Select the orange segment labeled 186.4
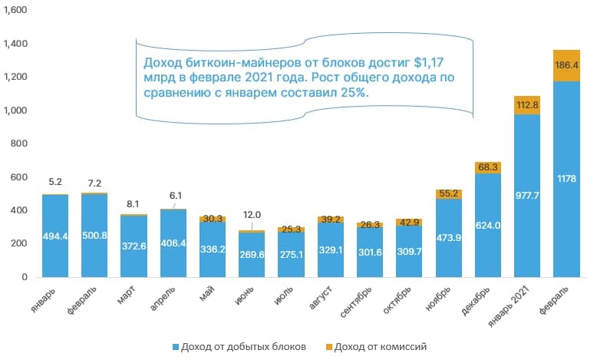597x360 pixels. coord(566,65)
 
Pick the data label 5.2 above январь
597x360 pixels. coord(55,182)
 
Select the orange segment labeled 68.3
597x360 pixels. coord(488,167)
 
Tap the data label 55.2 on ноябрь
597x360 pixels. coord(448,194)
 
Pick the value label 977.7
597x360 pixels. coord(527,195)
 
